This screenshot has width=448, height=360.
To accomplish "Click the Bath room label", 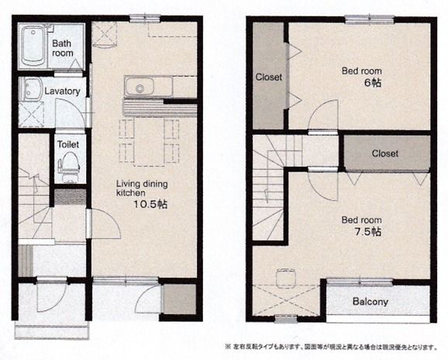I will coord(63,48).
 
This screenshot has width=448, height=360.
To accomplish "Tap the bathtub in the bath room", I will coord(33,45).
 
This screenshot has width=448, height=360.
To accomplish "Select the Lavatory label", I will coord(62,91).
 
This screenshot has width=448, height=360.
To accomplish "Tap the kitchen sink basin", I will coord(140,87).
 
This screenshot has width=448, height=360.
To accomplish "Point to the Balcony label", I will coord(370,302).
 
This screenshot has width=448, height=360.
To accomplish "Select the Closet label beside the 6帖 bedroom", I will coord(269,78).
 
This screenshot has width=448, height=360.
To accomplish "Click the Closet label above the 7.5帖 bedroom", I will coord(384,154).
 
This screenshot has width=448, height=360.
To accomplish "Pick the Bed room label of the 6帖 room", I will coord(362,71).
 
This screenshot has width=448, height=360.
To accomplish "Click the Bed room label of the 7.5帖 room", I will coord(361,220).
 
